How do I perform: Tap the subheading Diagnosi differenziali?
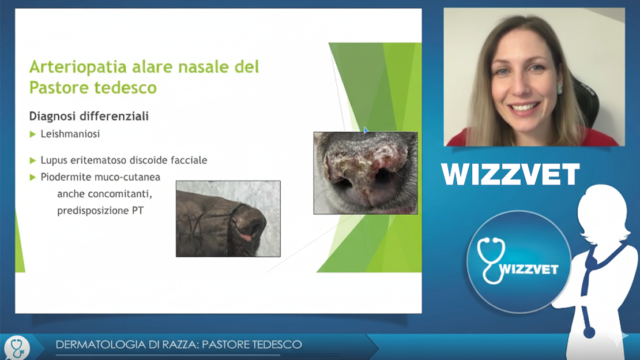coord(89,117)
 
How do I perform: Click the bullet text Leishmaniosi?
coord(70,134)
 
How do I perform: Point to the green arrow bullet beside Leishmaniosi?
coord(33,134)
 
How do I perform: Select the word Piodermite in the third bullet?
coord(66,177)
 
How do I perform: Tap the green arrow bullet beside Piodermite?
coord(33,177)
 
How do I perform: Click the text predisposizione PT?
coord(100,211)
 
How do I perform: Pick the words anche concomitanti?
coord(104,194)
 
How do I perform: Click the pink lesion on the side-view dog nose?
coord(246,238)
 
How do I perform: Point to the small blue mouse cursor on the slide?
coord(366,130)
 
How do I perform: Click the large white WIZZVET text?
coord(510,174)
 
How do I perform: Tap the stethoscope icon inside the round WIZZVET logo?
coord(491,260)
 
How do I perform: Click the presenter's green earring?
coord(560,89)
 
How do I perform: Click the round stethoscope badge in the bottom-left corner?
coord(17,348)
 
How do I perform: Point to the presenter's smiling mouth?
coord(524,108)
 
